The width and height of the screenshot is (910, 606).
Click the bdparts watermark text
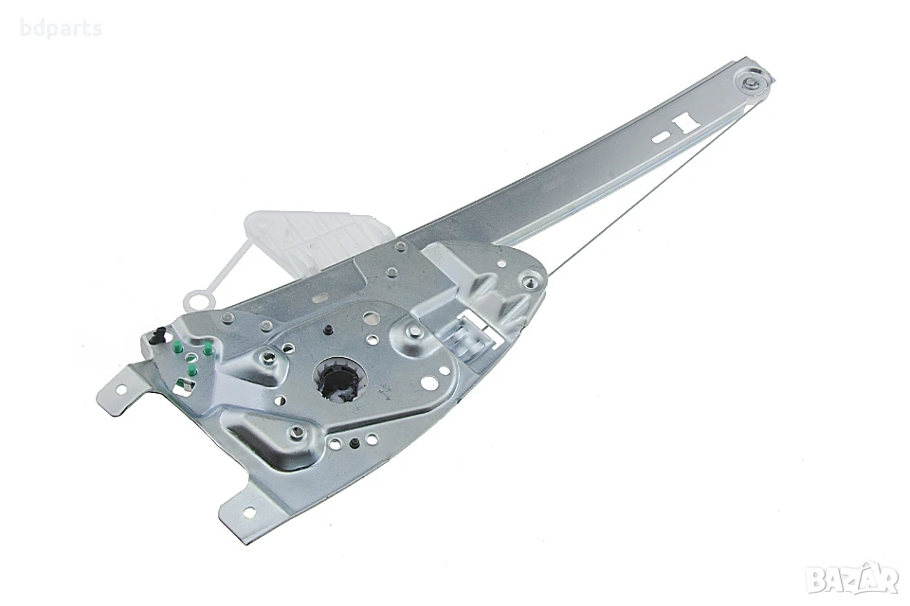(61, 28)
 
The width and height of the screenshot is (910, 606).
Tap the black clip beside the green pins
(157, 336)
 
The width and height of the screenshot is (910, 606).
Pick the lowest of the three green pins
(193, 370)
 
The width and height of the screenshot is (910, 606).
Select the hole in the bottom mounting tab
(249, 512)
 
